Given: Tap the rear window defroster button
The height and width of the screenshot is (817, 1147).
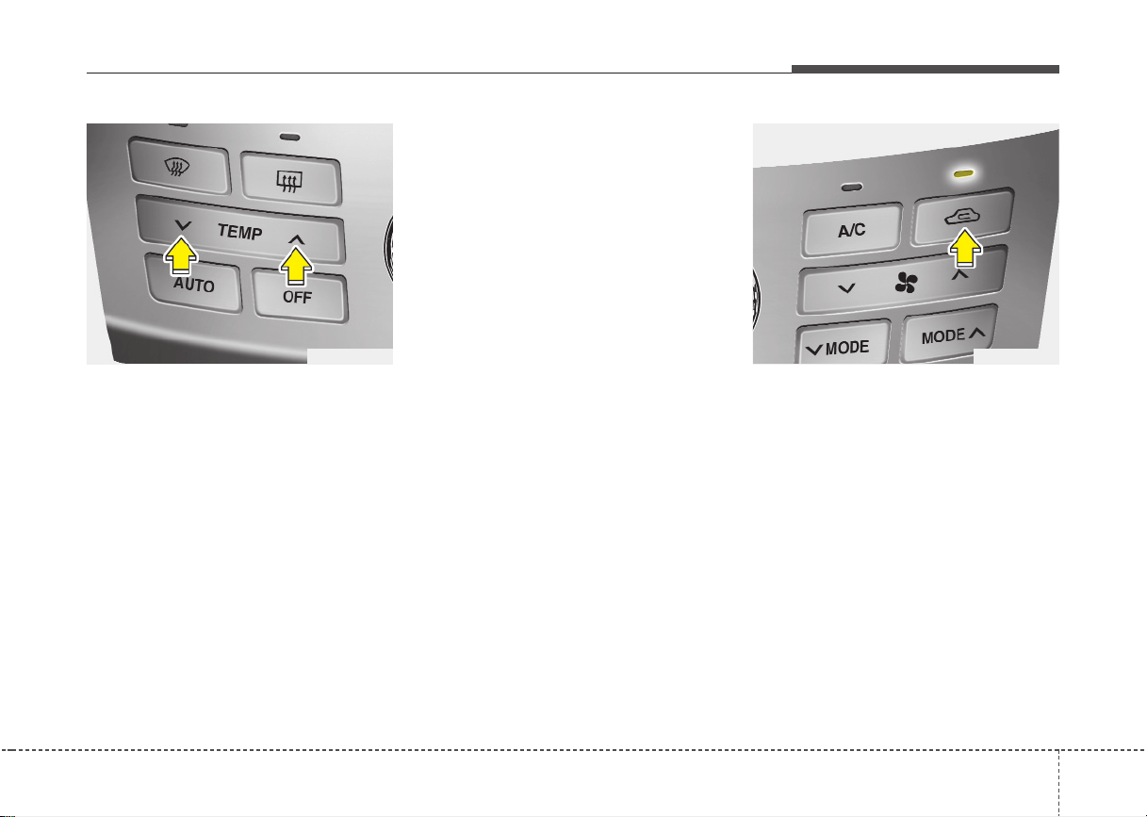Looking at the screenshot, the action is pos(290,179).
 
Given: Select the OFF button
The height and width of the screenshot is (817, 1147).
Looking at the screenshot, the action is pos(300,296).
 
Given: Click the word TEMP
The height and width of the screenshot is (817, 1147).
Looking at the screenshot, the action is pos(239,232).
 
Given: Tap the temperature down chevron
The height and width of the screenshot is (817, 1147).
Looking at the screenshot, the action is pos(183,224).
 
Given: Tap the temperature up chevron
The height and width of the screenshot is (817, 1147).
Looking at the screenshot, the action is pos(297,239).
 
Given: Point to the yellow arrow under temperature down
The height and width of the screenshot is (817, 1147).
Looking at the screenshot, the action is pos(181,255).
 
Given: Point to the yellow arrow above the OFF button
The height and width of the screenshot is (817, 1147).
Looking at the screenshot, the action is pos(296,266).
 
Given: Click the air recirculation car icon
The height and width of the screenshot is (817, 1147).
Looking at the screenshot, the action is pos(962,217).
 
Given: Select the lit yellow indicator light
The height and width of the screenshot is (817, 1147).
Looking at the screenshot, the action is pos(964,174).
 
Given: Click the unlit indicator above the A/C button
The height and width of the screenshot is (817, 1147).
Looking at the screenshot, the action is pos(852,188).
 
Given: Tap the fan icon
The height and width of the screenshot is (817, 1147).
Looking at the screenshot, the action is pos(907,282).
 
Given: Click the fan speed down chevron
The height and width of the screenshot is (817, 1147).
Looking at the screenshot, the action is pos(846,288).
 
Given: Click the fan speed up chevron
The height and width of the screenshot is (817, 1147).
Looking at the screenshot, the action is pos(960,275).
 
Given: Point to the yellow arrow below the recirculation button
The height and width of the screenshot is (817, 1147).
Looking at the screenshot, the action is pos(965,248).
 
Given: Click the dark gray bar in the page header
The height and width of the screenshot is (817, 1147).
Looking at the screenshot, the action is pos(926,69).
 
